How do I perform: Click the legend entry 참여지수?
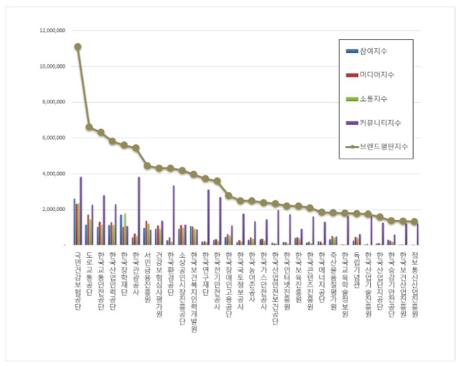click(374, 52)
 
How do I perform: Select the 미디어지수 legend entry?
click(376, 75)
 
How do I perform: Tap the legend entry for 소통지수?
click(374, 99)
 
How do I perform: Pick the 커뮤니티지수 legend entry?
click(378, 123)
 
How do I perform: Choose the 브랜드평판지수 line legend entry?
click(381, 147)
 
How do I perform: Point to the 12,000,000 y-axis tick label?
click(53, 31)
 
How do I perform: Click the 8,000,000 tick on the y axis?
click(55, 102)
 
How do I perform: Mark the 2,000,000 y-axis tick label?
click(55, 209)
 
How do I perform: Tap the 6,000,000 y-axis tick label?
click(55, 138)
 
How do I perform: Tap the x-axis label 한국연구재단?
click(205, 269)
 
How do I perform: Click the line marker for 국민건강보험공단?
click(78, 47)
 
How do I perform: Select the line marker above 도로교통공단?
click(89, 127)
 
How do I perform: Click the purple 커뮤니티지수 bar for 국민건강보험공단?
click(81, 211)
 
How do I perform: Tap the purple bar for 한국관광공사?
click(139, 211)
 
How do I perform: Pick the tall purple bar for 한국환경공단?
click(174, 215)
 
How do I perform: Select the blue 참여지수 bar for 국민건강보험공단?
click(74, 221)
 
